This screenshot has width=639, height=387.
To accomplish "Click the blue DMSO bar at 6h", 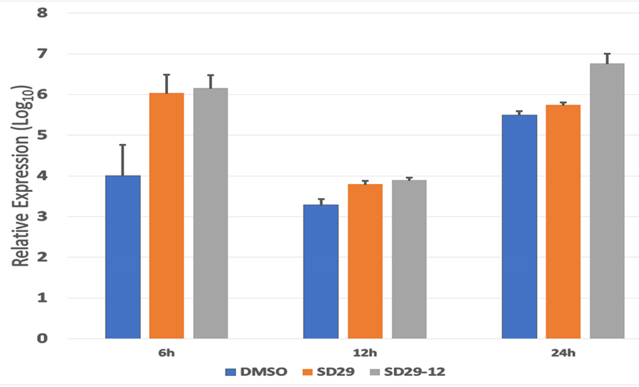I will coord(123,257).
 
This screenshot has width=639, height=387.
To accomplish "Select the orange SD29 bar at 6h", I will coord(166,216).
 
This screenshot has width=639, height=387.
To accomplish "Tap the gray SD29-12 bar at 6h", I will coord(211,213).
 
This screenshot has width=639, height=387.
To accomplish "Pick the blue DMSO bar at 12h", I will coord(321,272).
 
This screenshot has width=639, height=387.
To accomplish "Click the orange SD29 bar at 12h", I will coord(365,261).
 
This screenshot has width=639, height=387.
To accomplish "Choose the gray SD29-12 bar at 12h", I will coord(409,259).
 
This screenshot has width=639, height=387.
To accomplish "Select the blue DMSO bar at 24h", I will coord(519,227).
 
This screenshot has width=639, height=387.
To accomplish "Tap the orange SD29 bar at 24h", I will coord(563,221).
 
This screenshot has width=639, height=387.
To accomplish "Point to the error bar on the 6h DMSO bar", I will coord(123,160).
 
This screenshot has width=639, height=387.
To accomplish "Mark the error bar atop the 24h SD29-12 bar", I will coord(607,58).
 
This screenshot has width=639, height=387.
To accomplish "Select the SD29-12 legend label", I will coord(414,372).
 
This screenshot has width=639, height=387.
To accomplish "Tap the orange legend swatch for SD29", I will coord(307,372).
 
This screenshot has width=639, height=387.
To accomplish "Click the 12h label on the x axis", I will coord(365,353).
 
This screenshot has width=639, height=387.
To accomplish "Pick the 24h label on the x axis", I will coord(563,353).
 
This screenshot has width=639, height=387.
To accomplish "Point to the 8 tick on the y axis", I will coord(42,13).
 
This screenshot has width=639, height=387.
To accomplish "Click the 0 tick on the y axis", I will coord(42,338).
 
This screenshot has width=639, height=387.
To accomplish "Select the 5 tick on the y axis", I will coord(42,135).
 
